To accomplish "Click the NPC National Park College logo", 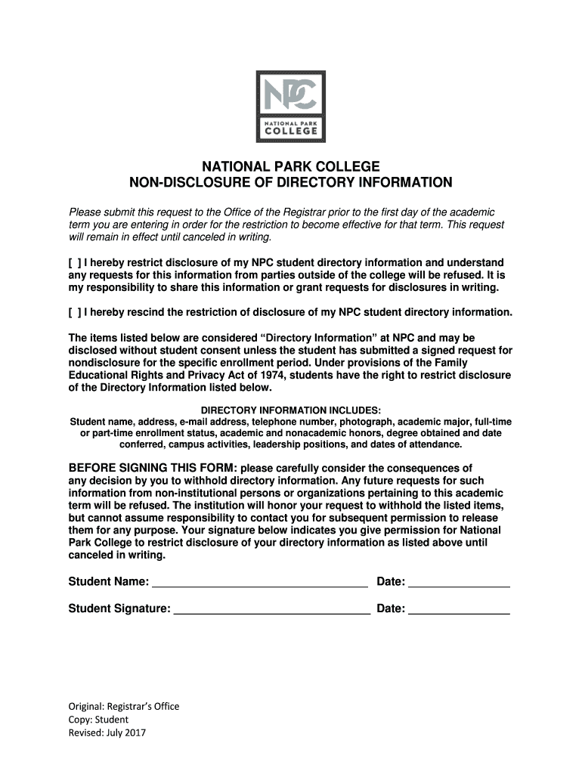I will pos(291,107).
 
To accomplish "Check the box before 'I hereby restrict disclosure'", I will pos(74,263).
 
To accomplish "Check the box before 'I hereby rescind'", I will pos(74,312).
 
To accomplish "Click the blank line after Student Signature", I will pos(272,608).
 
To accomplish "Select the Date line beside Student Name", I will pos(459,582).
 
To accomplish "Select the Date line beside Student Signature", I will pos(459,608).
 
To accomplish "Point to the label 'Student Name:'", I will pos(109,582).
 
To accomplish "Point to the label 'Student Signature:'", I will pos(119,608).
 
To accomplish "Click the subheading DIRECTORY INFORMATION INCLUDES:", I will pos(291,410).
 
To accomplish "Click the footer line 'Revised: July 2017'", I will pos(107,732).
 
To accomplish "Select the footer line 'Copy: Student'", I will pos(98,720).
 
